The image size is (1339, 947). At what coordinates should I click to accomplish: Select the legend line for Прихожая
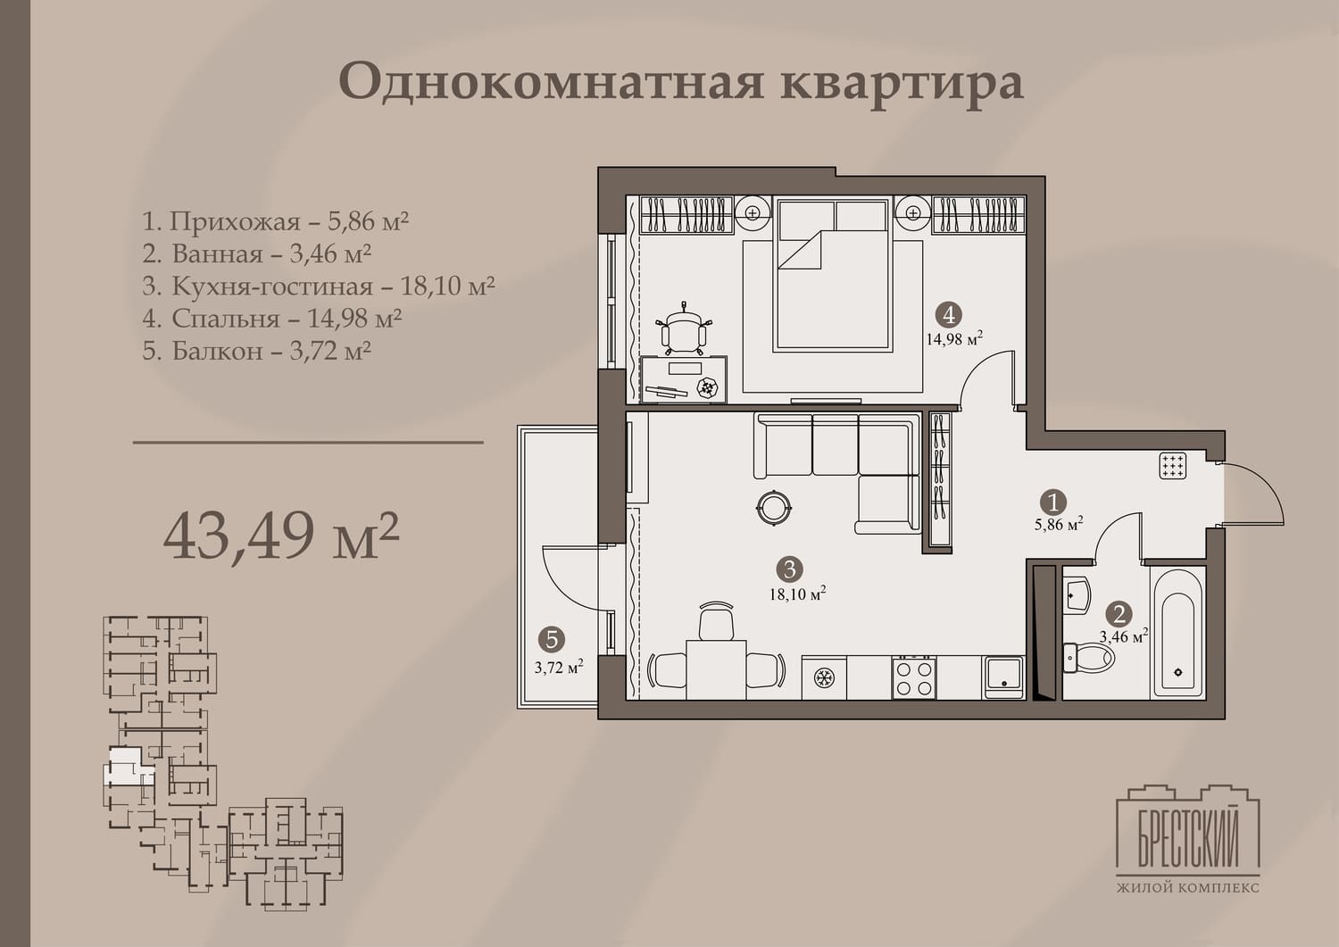tap(276, 221)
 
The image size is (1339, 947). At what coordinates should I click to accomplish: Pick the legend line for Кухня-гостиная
tap(319, 286)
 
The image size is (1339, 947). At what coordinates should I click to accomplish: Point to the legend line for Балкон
tap(257, 351)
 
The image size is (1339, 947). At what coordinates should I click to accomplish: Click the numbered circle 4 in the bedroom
tap(949, 314)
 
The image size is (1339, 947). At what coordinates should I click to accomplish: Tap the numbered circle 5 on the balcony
tap(552, 639)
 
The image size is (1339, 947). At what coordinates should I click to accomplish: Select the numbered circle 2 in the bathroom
tap(1119, 614)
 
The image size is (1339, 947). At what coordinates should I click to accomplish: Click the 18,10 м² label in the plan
tap(797, 594)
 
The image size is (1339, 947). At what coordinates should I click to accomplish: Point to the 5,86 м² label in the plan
tap(1059, 525)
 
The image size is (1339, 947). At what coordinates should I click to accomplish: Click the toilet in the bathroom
tap(1088, 658)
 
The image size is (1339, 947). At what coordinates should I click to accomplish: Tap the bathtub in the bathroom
tap(1177, 633)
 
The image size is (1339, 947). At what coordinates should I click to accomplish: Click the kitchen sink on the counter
tap(1003, 677)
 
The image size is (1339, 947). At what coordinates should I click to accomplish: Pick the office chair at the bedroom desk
tap(684, 328)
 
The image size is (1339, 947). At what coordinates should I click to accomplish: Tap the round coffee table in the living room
tap(774, 508)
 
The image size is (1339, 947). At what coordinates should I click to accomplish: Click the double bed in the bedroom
tap(833, 274)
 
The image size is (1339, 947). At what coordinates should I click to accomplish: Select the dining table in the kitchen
tap(716, 669)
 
